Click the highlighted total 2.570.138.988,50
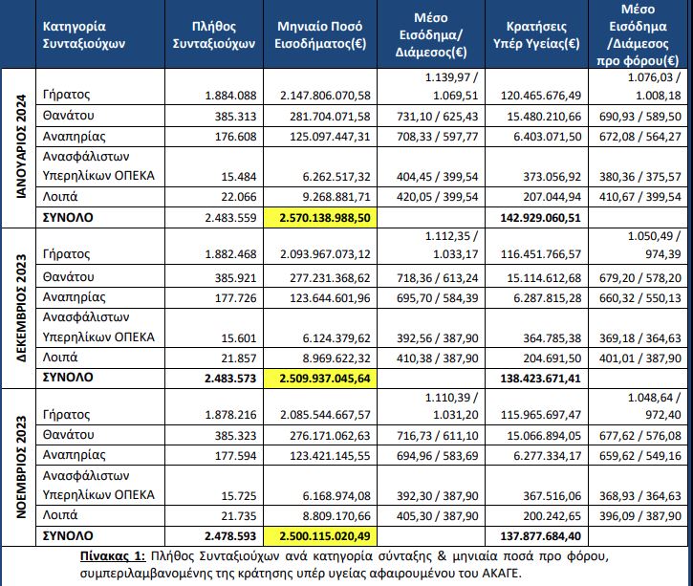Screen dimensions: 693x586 pyautogui.click(x=325, y=218)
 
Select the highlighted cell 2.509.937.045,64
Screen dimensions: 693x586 pyautogui.click(x=325, y=379)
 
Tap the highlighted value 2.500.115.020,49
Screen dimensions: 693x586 pyautogui.click(x=325, y=536)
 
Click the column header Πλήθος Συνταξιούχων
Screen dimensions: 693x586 pyautogui.click(x=214, y=35)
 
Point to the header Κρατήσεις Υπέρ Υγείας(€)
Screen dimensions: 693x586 pyautogui.click(x=536, y=35)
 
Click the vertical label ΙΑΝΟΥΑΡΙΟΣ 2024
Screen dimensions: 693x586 pyautogui.click(x=21, y=146)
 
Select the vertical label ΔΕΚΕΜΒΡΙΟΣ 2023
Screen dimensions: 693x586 pyautogui.click(x=21, y=308)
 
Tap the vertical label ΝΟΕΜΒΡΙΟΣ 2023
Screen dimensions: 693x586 pyautogui.click(x=21, y=467)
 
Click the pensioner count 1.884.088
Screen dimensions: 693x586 pyautogui.click(x=230, y=96)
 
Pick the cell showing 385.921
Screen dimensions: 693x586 pyautogui.click(x=235, y=278)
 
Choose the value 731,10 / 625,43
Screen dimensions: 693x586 pyautogui.click(x=437, y=117)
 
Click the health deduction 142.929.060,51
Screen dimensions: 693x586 pyautogui.click(x=540, y=218)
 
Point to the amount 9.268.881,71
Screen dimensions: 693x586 pyautogui.click(x=336, y=197)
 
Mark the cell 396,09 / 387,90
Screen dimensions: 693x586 pyautogui.click(x=640, y=515)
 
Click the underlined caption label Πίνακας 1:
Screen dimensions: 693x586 pyautogui.click(x=113, y=556)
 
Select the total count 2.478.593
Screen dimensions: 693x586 pyautogui.click(x=230, y=536)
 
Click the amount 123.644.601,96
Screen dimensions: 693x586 pyautogui.click(x=330, y=298)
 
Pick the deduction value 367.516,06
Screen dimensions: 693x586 pyautogui.click(x=552, y=496)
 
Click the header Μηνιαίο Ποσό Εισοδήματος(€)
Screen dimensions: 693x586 pyautogui.click(x=320, y=35)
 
